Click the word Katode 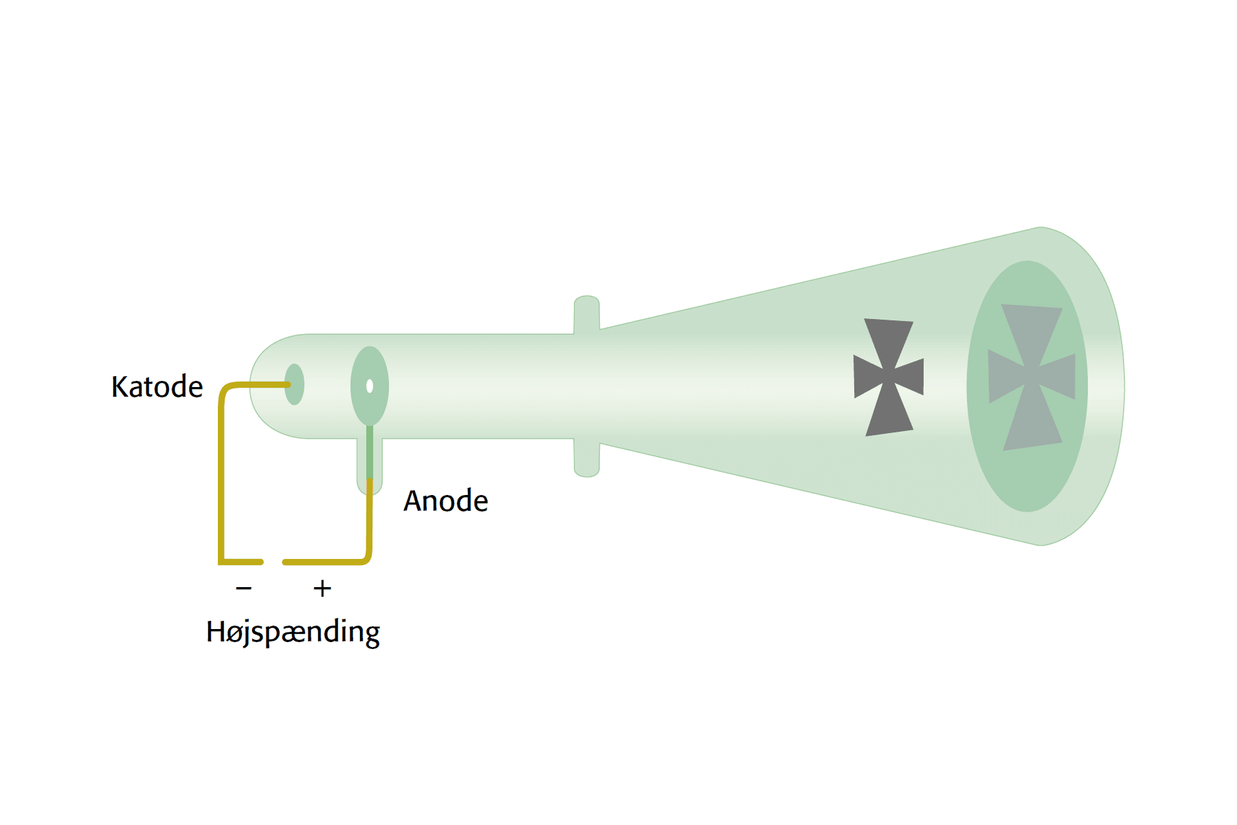pyautogui.click(x=157, y=386)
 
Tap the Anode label pyautogui.click(x=445, y=500)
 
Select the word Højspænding pyautogui.click(x=293, y=632)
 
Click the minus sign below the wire pyautogui.click(x=244, y=588)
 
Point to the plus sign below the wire pyautogui.click(x=322, y=588)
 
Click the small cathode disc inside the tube pyautogui.click(x=294, y=384)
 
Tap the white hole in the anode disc pyautogui.click(x=370, y=386)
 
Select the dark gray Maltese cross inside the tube pyautogui.click(x=889, y=377)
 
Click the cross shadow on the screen pyautogui.click(x=1032, y=377)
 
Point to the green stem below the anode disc pyautogui.click(x=370, y=452)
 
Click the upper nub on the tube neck pyautogui.click(x=587, y=314)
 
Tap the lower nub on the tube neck pyautogui.click(x=587, y=458)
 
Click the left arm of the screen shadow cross pyautogui.click(x=1005, y=376)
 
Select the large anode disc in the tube pyautogui.click(x=370, y=386)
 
